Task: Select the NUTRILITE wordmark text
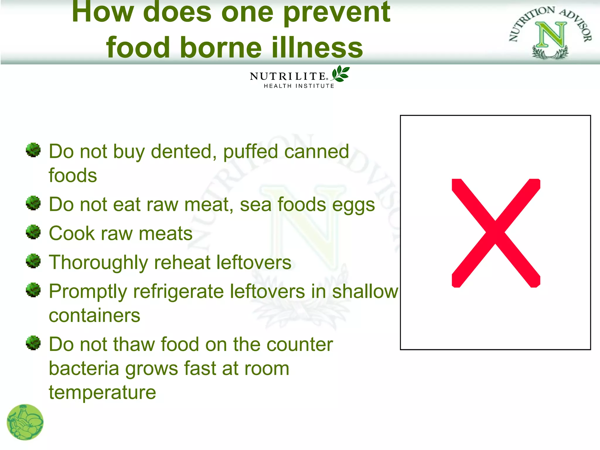tap(288, 76)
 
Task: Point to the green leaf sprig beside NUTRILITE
tap(340, 74)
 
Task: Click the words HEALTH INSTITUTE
tap(299, 86)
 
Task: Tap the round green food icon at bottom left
tap(25, 422)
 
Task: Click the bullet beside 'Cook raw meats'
tap(33, 232)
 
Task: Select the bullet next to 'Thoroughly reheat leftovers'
tap(33, 261)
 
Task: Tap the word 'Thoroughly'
tap(98, 263)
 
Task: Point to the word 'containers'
tap(94, 316)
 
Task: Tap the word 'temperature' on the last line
tap(102, 393)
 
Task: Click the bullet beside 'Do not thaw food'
tap(33, 343)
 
